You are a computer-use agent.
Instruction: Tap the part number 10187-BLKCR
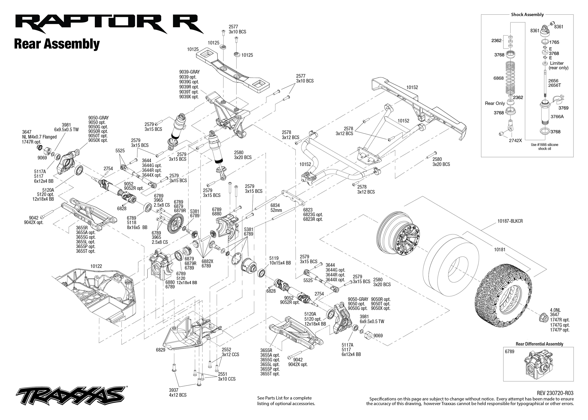point(510,221)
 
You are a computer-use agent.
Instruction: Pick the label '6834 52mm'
point(276,208)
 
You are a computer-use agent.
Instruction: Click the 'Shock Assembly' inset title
point(527,15)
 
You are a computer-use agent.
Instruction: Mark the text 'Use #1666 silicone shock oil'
point(544,146)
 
